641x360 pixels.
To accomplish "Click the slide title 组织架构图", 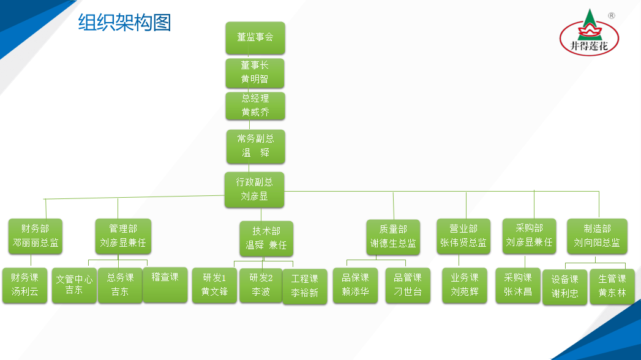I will click(x=124, y=23).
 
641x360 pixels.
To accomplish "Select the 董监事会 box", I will click(x=255, y=37).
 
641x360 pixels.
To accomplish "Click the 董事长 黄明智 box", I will click(x=255, y=72).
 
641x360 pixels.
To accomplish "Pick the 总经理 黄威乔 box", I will click(x=255, y=105).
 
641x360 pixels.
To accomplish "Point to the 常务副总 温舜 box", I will click(x=255, y=146).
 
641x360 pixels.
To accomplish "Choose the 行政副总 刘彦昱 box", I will click(x=255, y=189).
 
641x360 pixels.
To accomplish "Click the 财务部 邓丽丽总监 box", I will click(x=36, y=236).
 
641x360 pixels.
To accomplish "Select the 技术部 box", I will click(x=266, y=238).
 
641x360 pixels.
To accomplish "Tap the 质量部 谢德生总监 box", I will click(x=393, y=236).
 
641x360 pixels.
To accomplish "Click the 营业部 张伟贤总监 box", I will click(x=463, y=236).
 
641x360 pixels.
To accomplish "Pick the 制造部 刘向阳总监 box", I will click(x=597, y=236).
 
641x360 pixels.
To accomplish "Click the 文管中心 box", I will click(x=74, y=285).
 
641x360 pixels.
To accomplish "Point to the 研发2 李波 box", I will click(x=260, y=285).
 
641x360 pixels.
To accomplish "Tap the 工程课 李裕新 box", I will click(x=305, y=287).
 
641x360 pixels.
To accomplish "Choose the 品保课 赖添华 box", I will click(x=355, y=285).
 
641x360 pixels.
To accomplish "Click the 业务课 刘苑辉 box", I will click(x=465, y=285).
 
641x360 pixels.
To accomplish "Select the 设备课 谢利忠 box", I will click(x=565, y=287).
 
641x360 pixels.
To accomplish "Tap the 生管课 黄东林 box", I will click(x=612, y=287).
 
